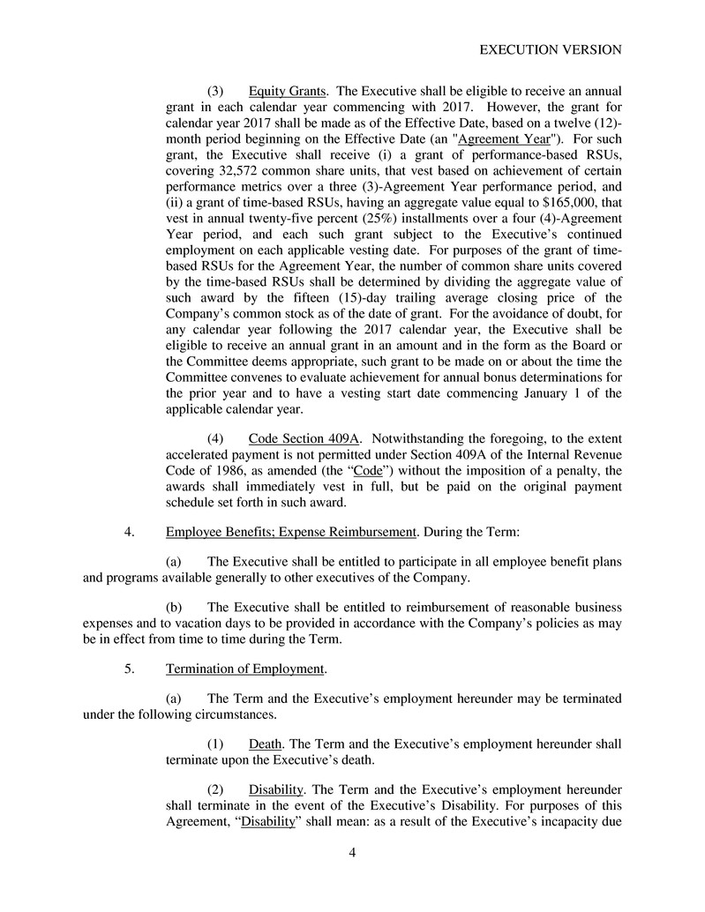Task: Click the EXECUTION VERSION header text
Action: pyautogui.click(x=551, y=50)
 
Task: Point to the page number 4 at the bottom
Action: pyautogui.click(x=352, y=853)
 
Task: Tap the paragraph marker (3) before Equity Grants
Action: pyautogui.click(x=216, y=91)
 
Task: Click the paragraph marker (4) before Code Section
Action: pyautogui.click(x=216, y=437)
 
